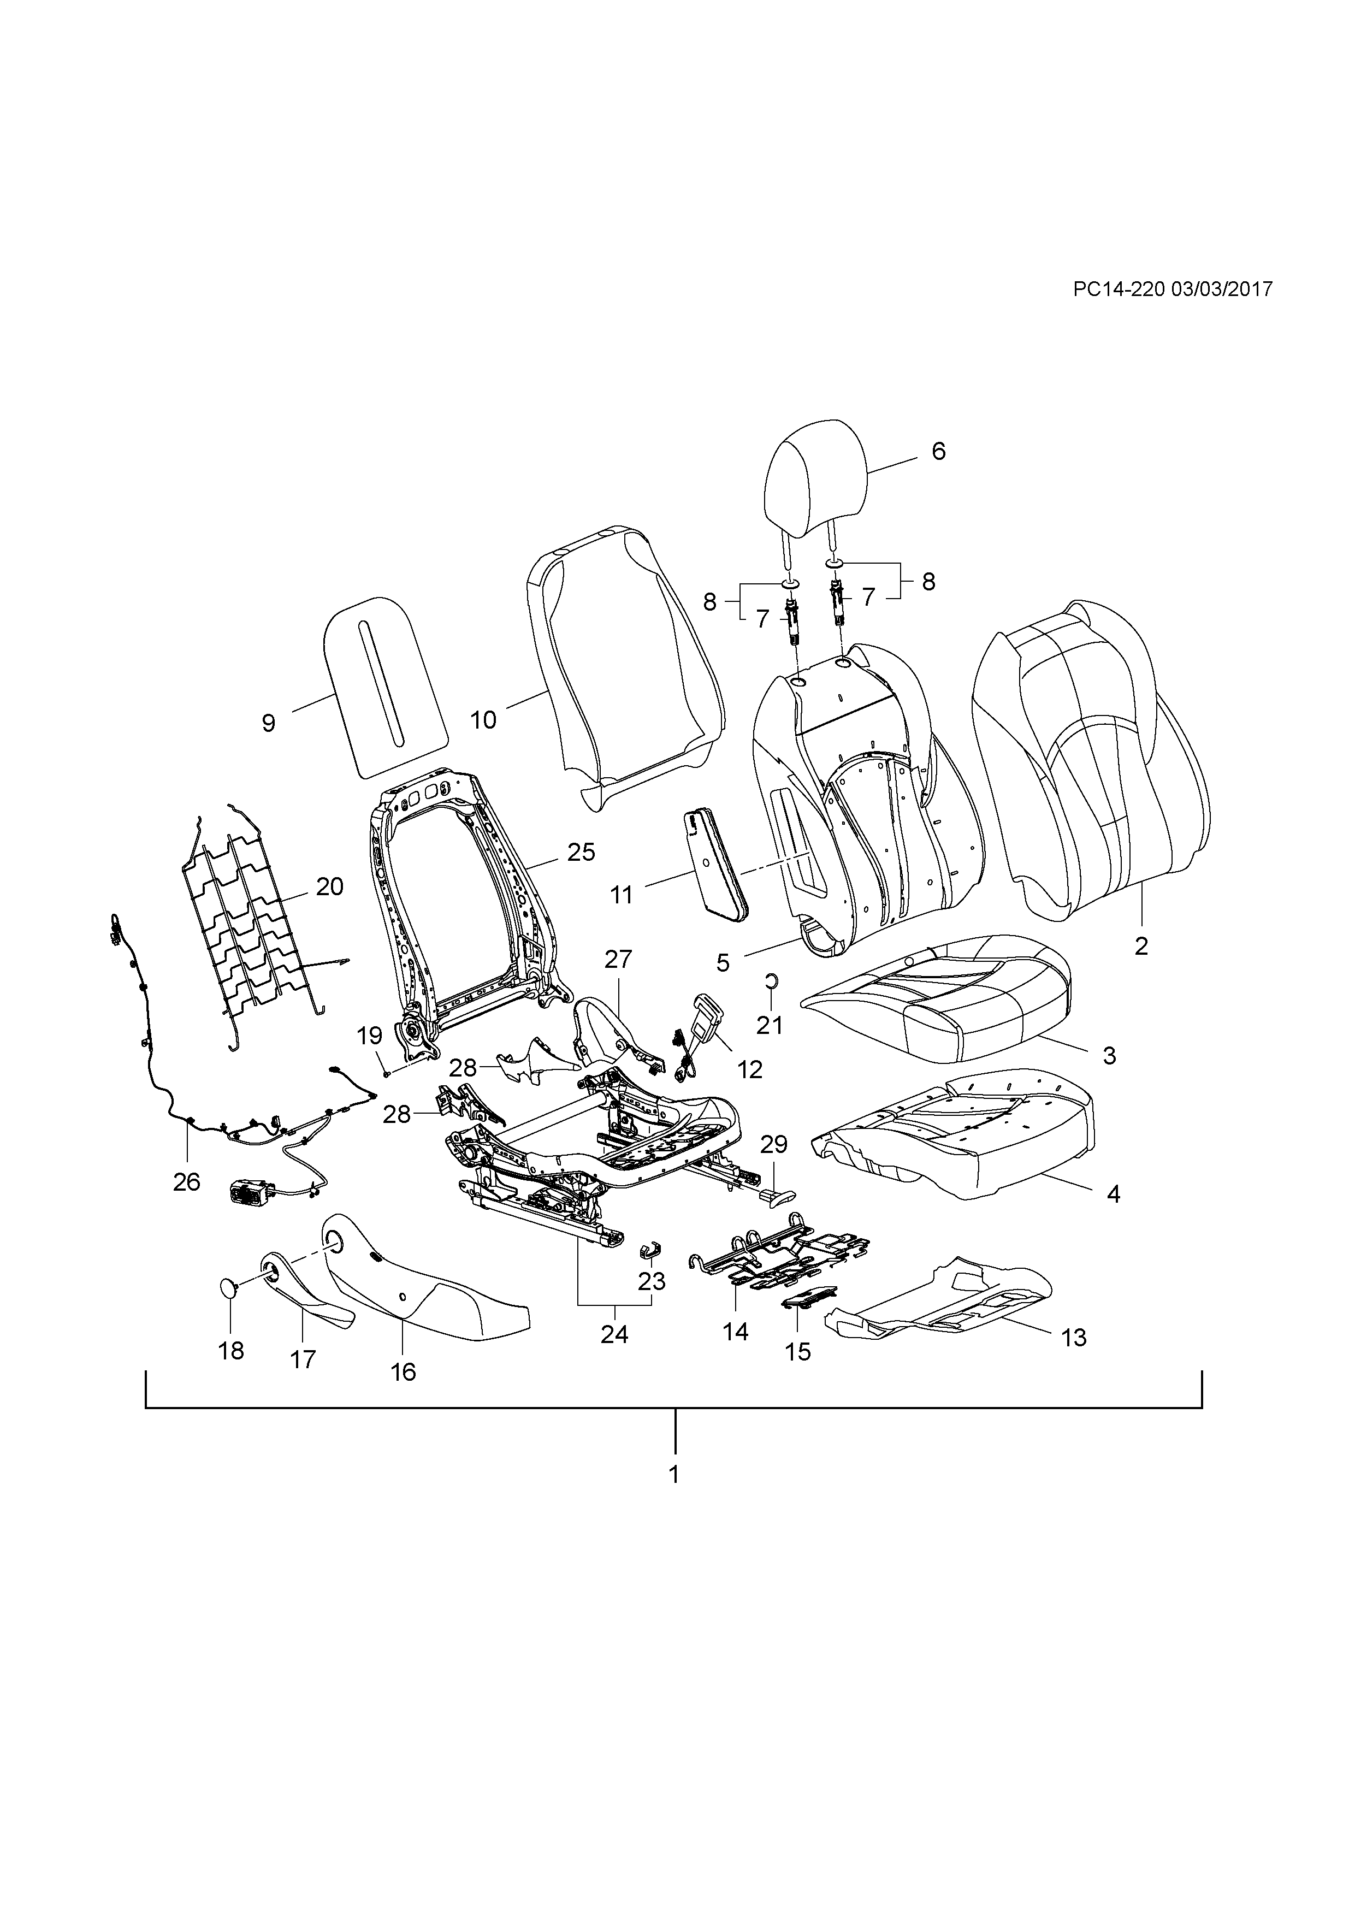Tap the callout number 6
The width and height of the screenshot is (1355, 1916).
(939, 452)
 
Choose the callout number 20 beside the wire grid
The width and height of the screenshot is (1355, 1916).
(329, 887)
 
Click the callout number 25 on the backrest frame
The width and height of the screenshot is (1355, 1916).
(582, 852)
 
